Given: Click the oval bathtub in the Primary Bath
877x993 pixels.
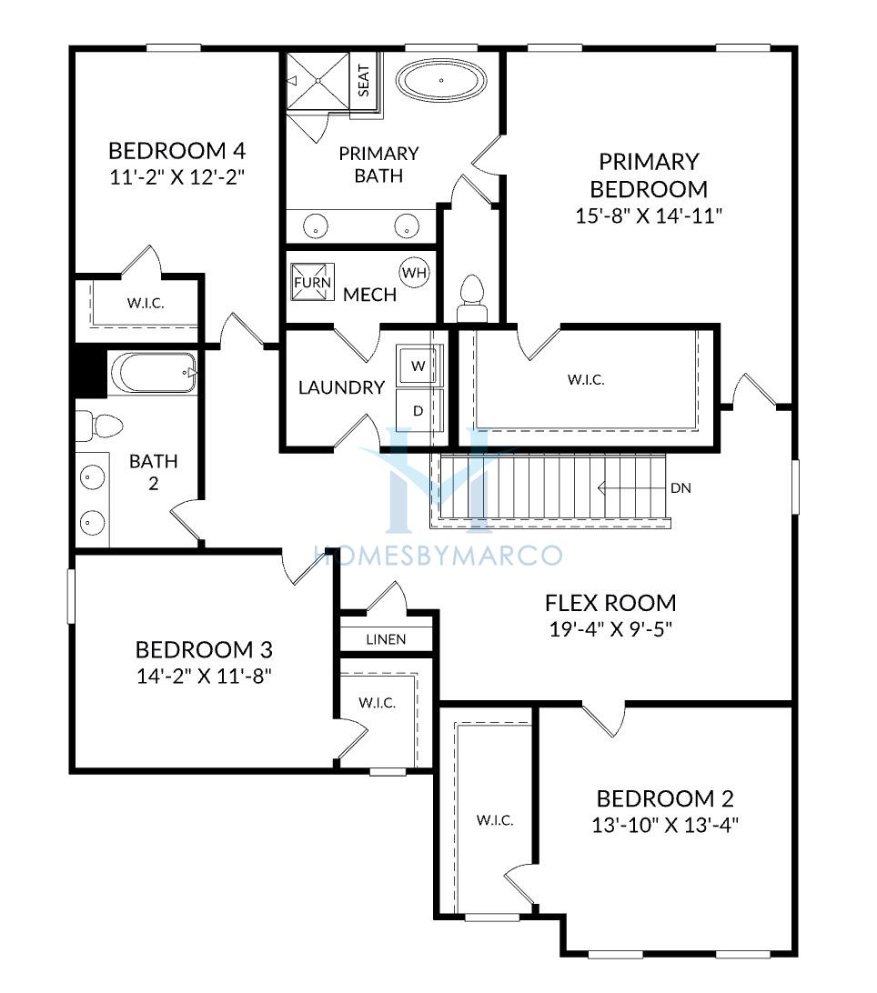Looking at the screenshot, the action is coord(441,81).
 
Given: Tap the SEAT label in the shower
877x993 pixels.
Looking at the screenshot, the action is coord(364,80).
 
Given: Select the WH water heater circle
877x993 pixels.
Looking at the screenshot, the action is coord(415,273).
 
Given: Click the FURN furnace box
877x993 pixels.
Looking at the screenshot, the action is coord(312,282).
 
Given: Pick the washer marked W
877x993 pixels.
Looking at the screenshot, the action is coord(418,366).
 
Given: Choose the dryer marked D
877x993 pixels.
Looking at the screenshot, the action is coord(418,410).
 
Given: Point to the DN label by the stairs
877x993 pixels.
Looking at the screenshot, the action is coord(680,488).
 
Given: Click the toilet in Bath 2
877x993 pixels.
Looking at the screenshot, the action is coord(99,425).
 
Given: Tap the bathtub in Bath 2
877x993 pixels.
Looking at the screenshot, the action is coord(153,373).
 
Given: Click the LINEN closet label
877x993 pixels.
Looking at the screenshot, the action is coord(386,639).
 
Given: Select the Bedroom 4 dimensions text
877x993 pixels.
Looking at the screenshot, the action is coord(177,176).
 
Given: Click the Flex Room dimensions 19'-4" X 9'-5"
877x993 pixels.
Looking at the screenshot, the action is coord(610,629).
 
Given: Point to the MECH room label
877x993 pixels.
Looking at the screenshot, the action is coord(370,295).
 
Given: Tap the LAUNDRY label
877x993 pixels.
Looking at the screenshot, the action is coord(341,387).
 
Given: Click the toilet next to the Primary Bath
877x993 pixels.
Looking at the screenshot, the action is coord(472,299).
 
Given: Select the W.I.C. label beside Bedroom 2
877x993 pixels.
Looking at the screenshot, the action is coord(495,821).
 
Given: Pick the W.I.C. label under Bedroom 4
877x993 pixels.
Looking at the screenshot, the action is coord(146,304).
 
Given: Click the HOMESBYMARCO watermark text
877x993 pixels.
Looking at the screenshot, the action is coord(438,556).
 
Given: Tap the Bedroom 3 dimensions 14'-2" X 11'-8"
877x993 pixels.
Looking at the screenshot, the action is coord(204,677).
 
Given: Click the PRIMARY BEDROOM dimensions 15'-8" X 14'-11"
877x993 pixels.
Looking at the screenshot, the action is coord(649,216).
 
